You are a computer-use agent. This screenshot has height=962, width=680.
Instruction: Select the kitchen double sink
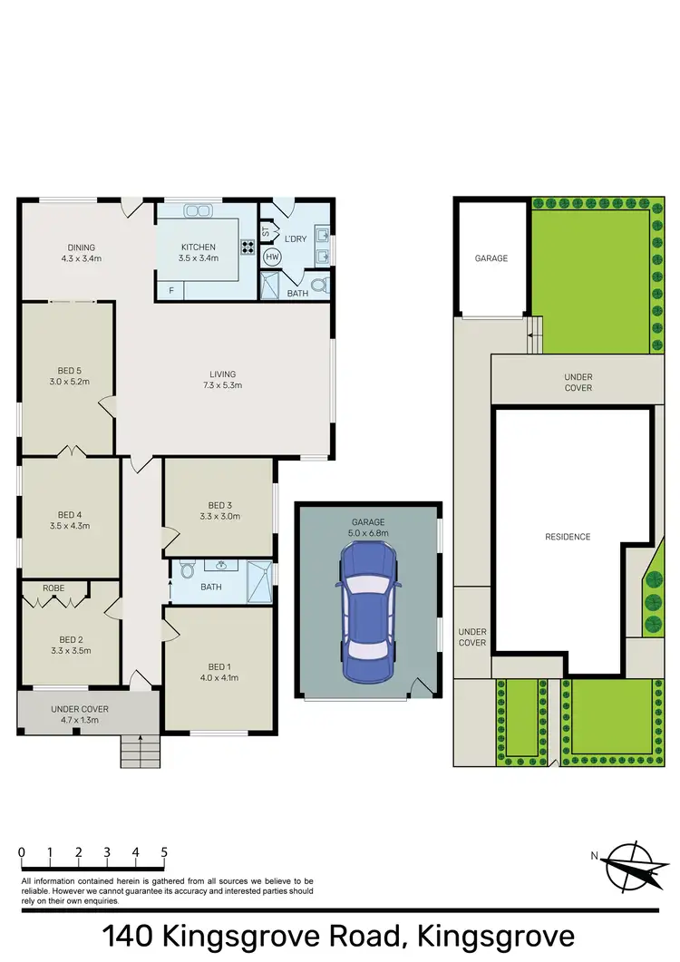point(198,210)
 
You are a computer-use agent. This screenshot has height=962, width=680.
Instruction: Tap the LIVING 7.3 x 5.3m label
point(222,374)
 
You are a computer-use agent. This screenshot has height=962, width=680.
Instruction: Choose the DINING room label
point(81,248)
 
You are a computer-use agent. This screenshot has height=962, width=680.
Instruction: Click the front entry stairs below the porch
point(139,750)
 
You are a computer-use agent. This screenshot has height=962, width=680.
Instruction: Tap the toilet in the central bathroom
point(188,570)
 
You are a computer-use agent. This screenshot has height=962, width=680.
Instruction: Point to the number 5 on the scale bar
point(164,852)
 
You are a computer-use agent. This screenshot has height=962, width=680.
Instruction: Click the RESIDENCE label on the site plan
point(568,537)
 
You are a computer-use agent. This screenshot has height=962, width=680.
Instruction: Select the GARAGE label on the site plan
point(491,258)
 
